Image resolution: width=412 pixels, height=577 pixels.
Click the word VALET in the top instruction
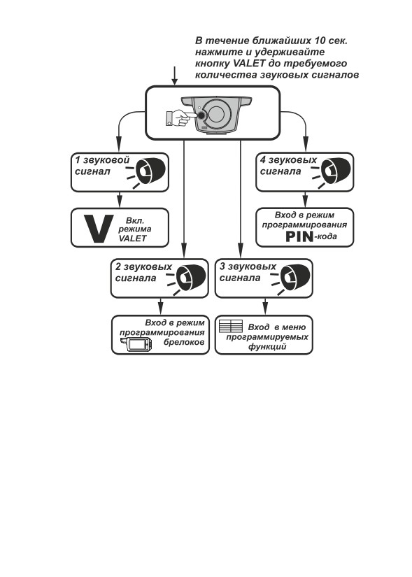pyautogui.click(x=249, y=63)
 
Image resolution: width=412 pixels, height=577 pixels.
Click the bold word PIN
pyautogui.click(x=299, y=236)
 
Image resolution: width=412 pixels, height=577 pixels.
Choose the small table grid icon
pyautogui.click(x=231, y=326)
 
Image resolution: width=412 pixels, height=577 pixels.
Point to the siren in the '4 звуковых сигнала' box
pyautogui.click(x=332, y=172)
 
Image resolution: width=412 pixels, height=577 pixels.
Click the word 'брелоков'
pyautogui.click(x=183, y=342)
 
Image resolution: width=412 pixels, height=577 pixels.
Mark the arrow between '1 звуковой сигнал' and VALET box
pyautogui.click(x=119, y=199)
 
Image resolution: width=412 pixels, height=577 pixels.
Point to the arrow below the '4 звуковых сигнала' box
pyautogui.click(x=304, y=199)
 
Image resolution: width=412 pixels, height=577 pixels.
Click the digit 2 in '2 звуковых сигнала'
pyautogui.click(x=118, y=266)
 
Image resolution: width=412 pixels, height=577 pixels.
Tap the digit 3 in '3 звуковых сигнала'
pyautogui.click(x=222, y=266)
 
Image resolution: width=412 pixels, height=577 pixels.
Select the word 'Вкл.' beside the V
pyautogui.click(x=135, y=221)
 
